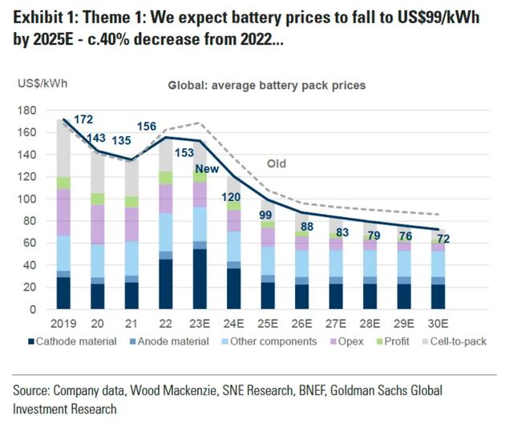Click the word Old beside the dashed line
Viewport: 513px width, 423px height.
point(276,165)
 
